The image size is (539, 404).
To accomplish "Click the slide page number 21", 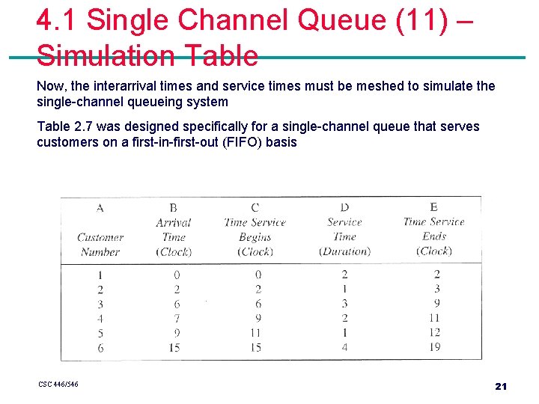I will (501, 386).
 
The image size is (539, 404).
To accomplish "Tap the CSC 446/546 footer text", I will (58, 385).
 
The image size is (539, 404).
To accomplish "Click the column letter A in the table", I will (100, 207).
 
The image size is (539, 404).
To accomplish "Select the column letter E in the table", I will (433, 206).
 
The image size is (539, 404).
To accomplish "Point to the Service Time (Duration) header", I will (344, 236).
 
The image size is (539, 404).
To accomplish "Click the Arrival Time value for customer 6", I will (175, 347).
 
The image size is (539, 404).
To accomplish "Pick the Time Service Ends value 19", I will (434, 347).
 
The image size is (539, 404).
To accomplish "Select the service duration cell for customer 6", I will (344, 347).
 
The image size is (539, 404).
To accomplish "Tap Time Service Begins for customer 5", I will (255, 332).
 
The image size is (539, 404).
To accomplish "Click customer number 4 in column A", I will (100, 319).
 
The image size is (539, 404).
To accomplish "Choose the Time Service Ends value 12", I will (434, 332).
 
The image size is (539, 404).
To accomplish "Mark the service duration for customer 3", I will (344, 304).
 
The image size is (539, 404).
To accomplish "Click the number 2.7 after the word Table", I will (82, 126).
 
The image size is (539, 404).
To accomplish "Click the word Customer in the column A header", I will (100, 238).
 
